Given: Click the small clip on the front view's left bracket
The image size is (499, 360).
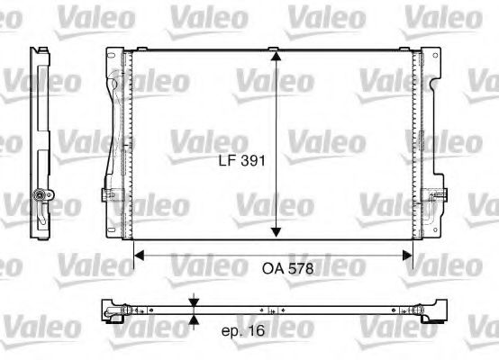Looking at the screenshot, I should pyautogui.click(x=111, y=193).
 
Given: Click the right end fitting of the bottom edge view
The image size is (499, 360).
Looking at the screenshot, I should pyautogui.click(x=435, y=310).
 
